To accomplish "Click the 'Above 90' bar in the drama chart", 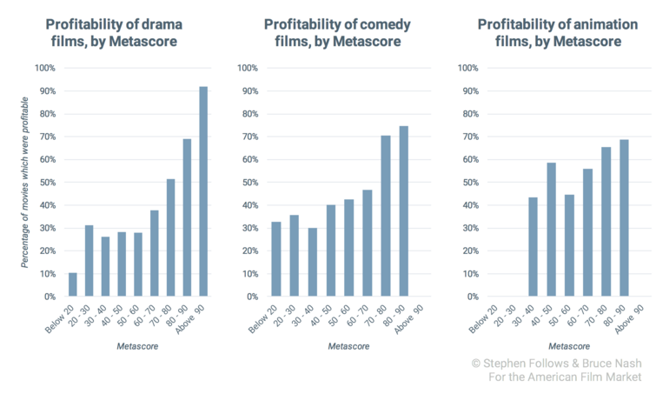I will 203,191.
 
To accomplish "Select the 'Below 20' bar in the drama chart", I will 73,284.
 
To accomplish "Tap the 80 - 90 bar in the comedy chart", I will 402,211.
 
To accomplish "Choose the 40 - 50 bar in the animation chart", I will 550,230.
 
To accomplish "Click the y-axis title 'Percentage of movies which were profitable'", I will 26,182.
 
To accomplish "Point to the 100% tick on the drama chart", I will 44,68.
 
